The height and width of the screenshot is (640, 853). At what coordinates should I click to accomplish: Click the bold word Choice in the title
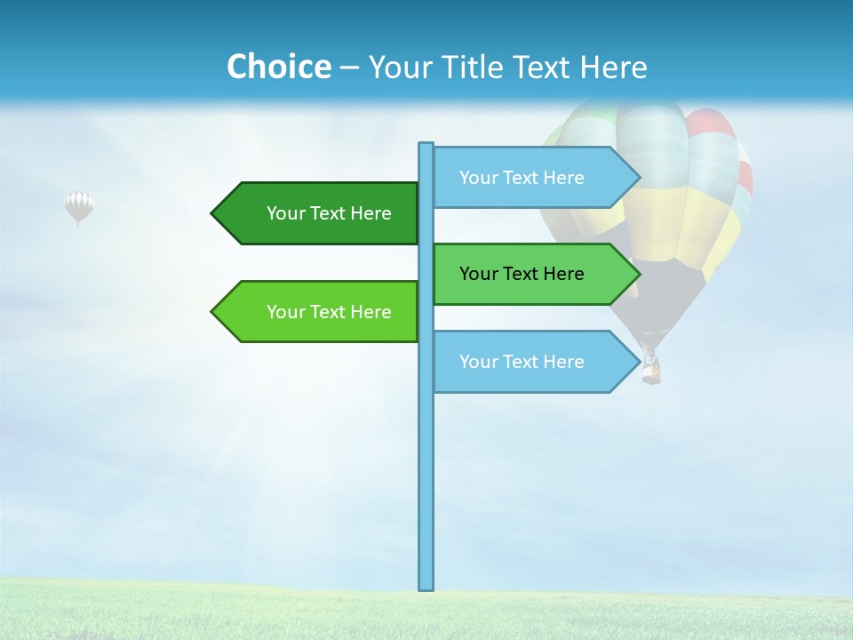tap(278, 67)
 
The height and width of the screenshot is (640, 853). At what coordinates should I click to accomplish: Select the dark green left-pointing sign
tap(320, 213)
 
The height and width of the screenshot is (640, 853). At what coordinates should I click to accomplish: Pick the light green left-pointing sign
tap(320, 312)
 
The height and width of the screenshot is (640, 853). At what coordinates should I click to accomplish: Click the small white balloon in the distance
tap(79, 206)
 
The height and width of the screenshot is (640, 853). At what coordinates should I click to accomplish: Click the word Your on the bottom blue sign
tap(478, 362)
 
